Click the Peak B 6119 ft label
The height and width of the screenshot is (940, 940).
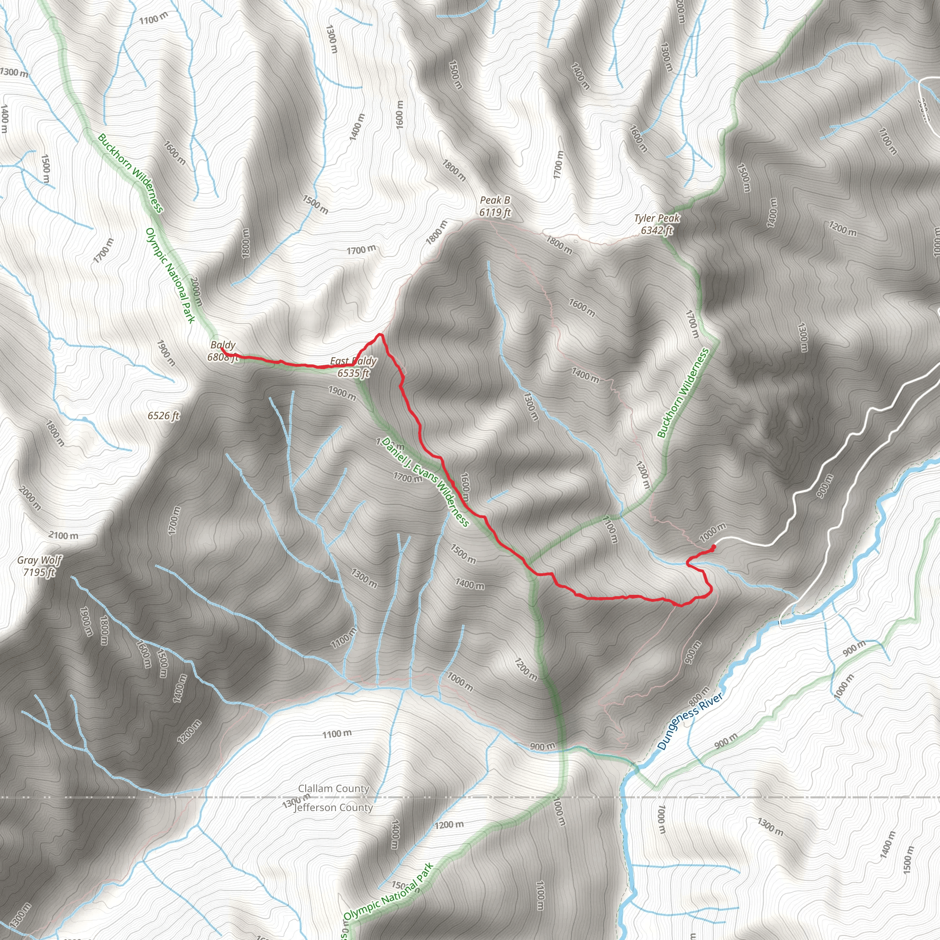pos(495,206)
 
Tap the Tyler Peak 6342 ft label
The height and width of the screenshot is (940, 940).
pos(657,224)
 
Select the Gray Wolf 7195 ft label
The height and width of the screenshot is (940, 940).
pos(39,566)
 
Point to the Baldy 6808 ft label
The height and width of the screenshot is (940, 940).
pos(223,351)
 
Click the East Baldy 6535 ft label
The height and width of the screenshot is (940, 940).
pos(353,367)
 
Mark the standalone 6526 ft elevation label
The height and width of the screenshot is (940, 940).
pos(163,415)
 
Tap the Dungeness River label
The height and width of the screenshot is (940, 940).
pos(689,722)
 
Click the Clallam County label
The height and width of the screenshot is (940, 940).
pos(334,788)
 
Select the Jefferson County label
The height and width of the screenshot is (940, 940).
pos(333,808)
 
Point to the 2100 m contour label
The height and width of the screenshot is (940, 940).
pos(63,536)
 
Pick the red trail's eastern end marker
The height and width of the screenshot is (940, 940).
pos(713,548)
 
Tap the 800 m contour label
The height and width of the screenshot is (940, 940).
pos(699,697)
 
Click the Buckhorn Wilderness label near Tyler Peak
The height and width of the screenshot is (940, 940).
pos(683,393)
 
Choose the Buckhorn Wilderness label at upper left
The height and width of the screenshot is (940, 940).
pos(130,173)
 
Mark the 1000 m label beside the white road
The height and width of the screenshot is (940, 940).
pos(713,532)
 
